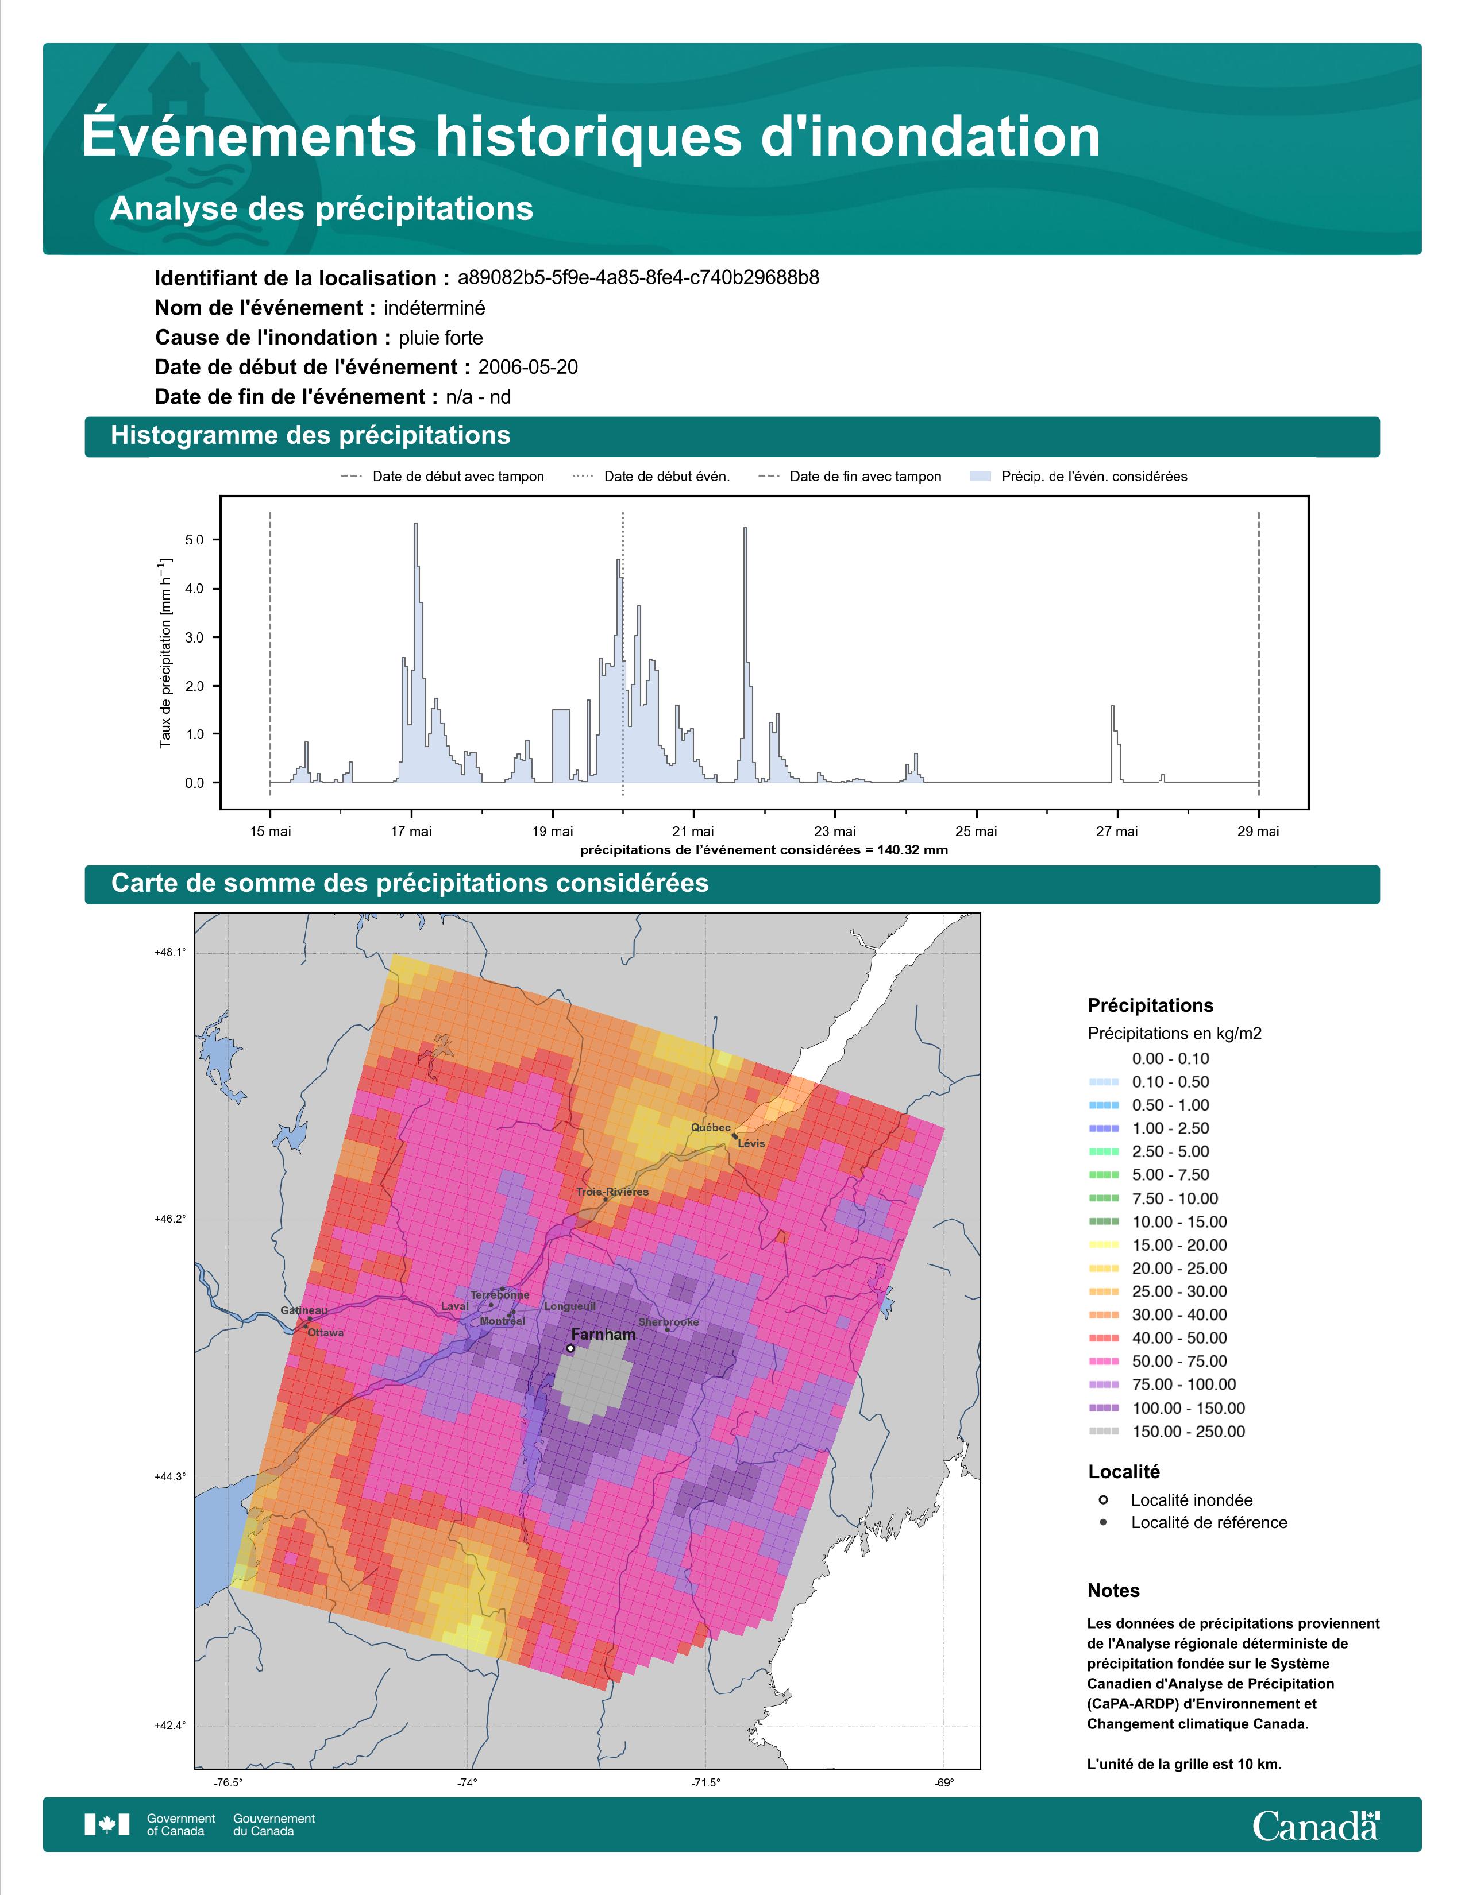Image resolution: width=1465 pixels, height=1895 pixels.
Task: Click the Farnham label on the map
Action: point(603,1335)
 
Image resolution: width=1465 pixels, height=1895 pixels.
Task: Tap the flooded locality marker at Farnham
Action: point(569,1348)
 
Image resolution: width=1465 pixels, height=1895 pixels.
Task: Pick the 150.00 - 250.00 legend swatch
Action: point(1103,1432)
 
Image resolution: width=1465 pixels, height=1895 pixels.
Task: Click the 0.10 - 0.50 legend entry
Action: point(1148,1082)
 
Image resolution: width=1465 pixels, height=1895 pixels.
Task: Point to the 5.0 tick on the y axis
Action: point(194,540)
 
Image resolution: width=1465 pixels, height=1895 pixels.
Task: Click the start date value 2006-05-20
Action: point(527,367)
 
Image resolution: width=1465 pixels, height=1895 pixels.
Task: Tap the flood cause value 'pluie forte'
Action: point(441,338)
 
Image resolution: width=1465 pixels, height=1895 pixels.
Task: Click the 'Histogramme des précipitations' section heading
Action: point(311,436)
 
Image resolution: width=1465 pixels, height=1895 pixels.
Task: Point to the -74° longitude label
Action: point(468,1782)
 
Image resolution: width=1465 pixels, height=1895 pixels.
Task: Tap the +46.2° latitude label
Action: point(170,1219)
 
